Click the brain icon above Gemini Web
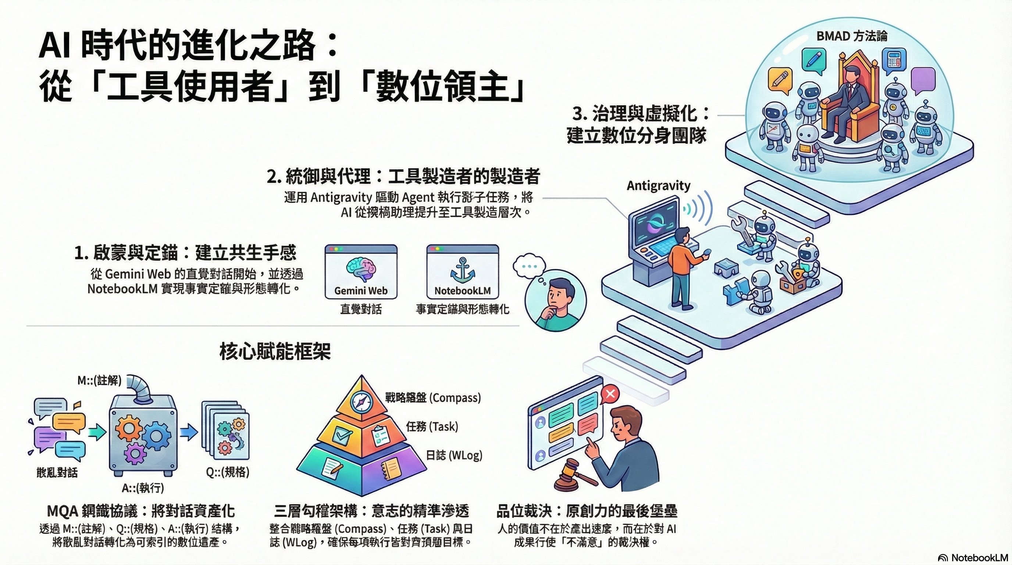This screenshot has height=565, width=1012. click(x=361, y=269)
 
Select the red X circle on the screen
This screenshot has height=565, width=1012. click(x=610, y=394)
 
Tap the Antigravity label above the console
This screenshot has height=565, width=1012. click(x=659, y=186)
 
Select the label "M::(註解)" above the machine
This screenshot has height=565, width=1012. click(x=99, y=380)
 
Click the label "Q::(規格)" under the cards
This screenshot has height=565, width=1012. click(x=228, y=472)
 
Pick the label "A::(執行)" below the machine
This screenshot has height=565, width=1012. click(x=143, y=488)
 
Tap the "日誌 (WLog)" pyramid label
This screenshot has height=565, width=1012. click(x=454, y=455)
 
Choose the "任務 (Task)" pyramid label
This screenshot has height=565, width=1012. click(x=432, y=426)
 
